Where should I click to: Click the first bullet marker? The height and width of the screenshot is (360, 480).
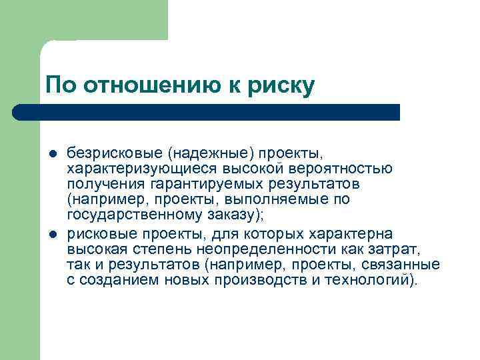point(53,155)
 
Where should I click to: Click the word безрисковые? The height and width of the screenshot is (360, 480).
point(107,155)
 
